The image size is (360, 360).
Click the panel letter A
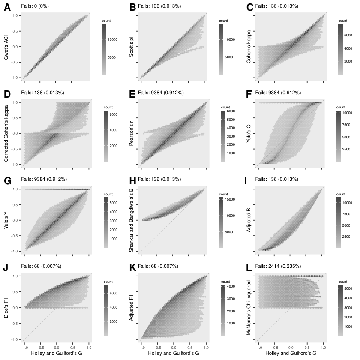tap(7, 7)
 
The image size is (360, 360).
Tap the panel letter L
tap(249, 267)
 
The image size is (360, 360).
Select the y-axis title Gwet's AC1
tap(6, 47)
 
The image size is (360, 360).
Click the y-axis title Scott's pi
tap(131, 47)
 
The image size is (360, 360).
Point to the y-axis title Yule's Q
tap(249, 134)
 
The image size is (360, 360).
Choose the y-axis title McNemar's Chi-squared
tap(249, 308)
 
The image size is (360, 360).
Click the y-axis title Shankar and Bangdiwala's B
tap(131, 220)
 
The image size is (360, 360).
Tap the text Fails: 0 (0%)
tap(35, 6)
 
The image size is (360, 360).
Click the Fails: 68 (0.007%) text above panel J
tap(41, 266)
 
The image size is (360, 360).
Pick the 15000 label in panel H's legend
tap(230, 199)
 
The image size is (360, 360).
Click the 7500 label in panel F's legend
tap(346, 125)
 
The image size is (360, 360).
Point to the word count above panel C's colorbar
tap(342, 21)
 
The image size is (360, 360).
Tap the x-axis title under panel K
tap(173, 353)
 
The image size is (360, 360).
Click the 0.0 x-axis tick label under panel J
tap(57, 348)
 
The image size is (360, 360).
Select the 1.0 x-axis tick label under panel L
tap(324, 348)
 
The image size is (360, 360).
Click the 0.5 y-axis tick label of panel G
tap(15, 205)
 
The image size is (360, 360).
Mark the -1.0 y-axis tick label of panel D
tap(14, 165)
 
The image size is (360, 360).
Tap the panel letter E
tap(132, 94)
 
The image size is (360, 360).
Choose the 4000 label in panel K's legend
tap(231, 287)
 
